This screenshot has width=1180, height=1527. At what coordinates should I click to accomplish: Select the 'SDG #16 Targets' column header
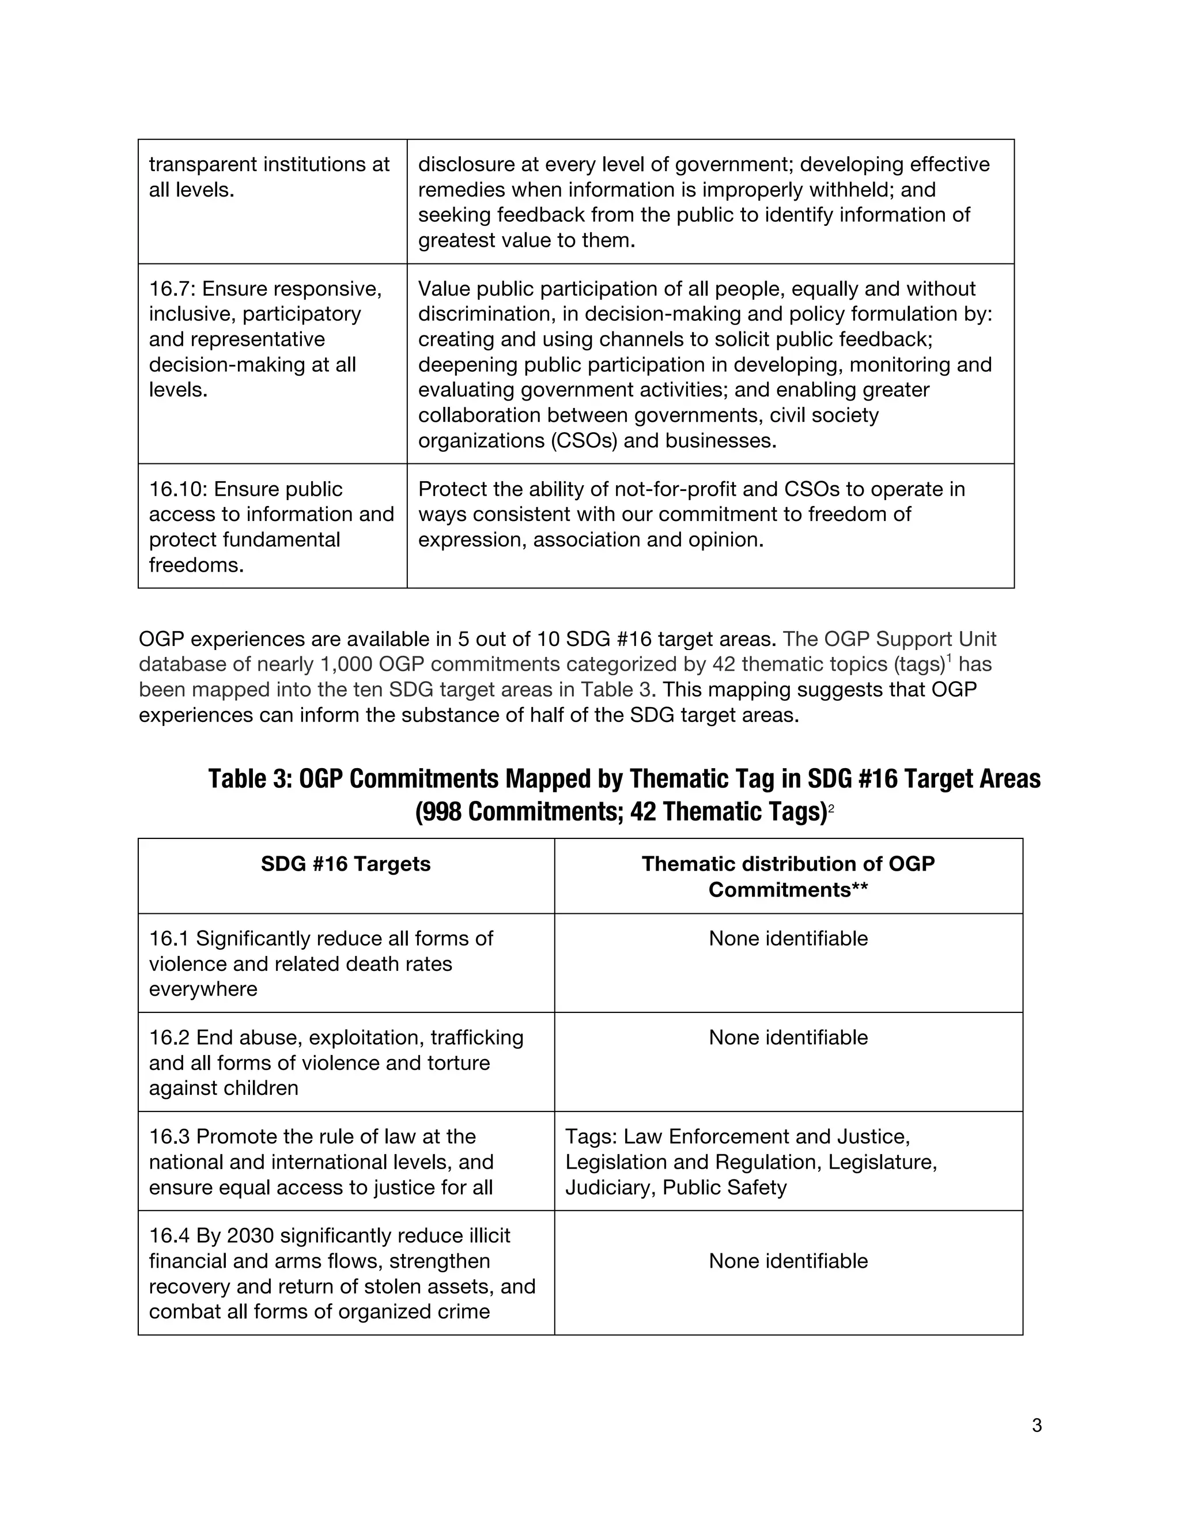point(345,864)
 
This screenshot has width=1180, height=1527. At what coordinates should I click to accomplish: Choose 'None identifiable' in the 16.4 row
point(788,1261)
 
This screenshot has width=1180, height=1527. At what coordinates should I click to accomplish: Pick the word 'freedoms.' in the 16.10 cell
point(196,564)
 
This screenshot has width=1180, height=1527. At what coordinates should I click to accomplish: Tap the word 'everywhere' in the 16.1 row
point(203,989)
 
